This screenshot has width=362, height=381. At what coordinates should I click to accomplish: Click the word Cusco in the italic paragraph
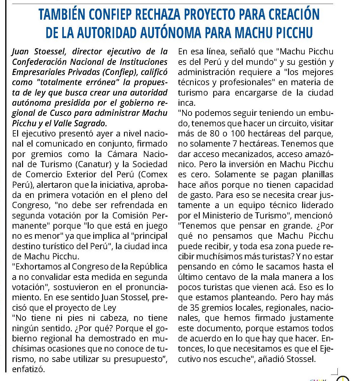coord(61,113)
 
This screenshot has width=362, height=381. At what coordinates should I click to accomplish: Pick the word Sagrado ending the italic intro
coord(92,123)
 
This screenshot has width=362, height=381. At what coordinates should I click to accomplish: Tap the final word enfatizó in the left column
coord(29,369)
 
